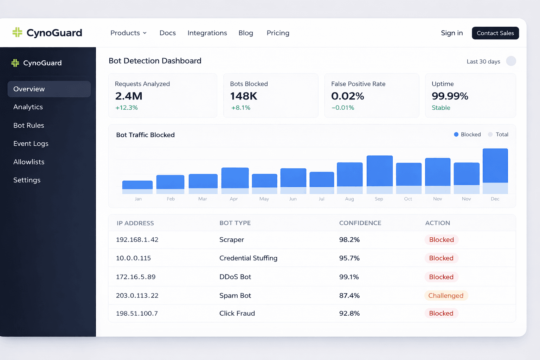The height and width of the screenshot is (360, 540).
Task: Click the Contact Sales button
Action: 495,33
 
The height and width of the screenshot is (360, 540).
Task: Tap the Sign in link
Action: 452,33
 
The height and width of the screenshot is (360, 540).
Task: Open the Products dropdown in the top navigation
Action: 128,33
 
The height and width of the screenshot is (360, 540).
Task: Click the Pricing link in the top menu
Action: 278,33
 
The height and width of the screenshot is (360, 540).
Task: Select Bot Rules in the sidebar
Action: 29,126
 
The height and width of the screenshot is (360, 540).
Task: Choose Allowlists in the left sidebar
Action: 29,162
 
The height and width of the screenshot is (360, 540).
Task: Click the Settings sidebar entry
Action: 27,180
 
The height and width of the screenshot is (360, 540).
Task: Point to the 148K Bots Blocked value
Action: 244,96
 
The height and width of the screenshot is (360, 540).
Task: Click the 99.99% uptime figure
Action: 450,96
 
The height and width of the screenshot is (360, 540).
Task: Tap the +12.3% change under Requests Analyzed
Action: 127,108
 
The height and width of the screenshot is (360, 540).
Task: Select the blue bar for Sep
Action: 379,171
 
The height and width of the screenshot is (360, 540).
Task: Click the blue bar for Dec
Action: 495,166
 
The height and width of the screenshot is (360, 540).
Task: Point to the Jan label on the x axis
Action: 138,199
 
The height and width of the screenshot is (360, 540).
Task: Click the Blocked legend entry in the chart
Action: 467,135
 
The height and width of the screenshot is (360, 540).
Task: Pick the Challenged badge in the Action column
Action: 446,296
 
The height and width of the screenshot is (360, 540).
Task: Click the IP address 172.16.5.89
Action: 136,277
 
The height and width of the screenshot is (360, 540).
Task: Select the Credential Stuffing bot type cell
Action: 248,258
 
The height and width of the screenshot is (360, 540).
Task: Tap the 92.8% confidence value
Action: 349,314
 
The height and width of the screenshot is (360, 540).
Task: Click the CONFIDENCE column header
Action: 360,223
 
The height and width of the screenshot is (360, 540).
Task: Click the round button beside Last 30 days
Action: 511,61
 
